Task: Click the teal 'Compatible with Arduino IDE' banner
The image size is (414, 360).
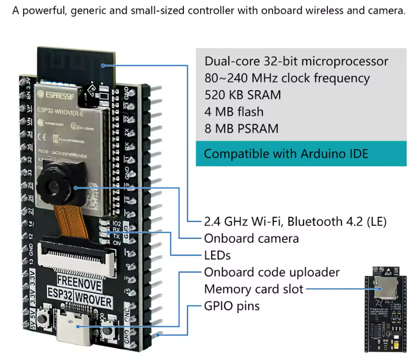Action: click(301, 154)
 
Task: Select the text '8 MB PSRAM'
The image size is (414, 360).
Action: click(241, 128)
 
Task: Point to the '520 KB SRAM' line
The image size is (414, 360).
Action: click(243, 95)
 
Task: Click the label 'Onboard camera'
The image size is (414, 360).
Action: click(251, 238)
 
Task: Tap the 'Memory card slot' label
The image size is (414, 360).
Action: click(253, 289)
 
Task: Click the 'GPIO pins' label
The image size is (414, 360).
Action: click(232, 306)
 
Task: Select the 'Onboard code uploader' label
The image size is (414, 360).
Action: click(271, 272)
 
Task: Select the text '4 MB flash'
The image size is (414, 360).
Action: click(234, 111)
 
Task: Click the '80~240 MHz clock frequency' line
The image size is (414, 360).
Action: click(287, 78)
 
